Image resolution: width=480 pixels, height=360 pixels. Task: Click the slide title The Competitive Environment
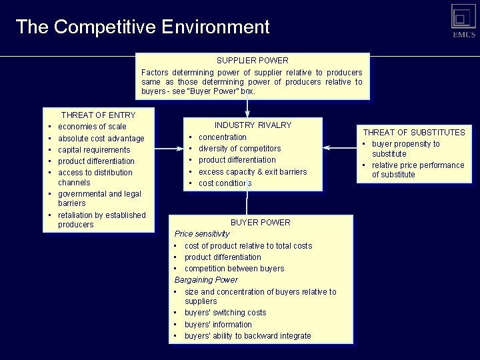coord(142,27)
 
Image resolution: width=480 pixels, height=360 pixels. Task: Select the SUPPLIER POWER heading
coord(252,61)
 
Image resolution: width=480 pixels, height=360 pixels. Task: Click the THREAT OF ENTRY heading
coord(98,115)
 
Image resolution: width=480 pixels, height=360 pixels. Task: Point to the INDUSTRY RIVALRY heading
coord(253,125)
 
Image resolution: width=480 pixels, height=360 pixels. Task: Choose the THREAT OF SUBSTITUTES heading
coord(413,133)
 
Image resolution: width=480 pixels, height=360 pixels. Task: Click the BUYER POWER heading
coord(260,223)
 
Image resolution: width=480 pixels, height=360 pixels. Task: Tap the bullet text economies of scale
coord(92,127)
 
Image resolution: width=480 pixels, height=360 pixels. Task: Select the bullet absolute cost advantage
coord(101,139)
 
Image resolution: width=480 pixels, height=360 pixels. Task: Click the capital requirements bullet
coord(94,150)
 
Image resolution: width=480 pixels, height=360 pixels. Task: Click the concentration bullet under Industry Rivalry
coord(223,137)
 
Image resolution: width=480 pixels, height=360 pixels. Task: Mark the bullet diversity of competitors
coord(239,149)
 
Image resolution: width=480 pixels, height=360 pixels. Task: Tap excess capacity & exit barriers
coord(253,172)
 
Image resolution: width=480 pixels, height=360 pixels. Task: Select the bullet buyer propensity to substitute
coord(405,149)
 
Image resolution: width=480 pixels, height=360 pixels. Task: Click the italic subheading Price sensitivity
coord(201,234)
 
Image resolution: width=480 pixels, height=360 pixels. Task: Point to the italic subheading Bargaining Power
coord(205,280)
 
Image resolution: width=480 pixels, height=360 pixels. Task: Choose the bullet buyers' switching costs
coord(225,313)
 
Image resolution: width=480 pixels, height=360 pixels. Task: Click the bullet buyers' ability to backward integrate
coord(247,336)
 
